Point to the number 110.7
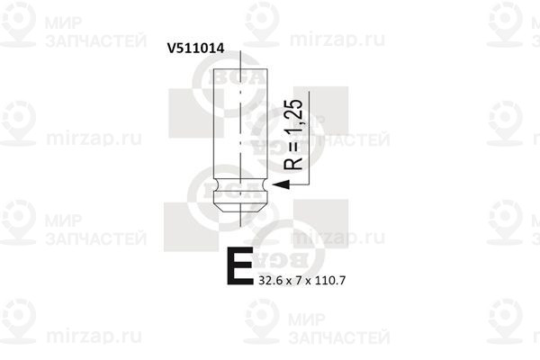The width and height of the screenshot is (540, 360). (x=329, y=281)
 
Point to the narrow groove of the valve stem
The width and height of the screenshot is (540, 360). (x=238, y=188)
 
